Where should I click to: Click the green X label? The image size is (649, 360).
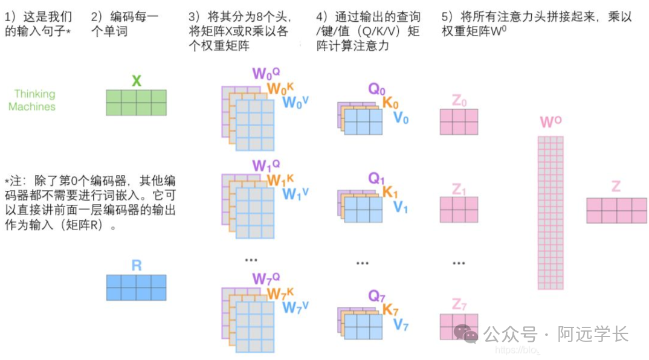click(136, 81)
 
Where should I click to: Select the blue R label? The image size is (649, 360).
click(136, 266)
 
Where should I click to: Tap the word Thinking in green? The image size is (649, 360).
click(34, 94)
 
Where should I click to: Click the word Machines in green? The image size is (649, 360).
click(32, 107)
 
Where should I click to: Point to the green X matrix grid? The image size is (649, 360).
click(136, 102)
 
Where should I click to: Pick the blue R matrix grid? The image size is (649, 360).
click(136, 288)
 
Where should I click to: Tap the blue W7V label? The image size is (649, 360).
click(295, 307)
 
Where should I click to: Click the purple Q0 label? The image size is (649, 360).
click(376, 90)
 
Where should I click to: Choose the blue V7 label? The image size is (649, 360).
click(401, 325)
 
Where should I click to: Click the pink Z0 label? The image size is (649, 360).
click(459, 101)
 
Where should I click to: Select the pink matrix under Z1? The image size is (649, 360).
click(459, 210)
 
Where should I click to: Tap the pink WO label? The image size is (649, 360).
click(551, 123)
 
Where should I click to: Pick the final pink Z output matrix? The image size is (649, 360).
click(616, 210)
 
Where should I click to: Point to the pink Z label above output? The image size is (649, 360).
click(616, 187)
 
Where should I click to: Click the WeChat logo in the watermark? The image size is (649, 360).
click(466, 333)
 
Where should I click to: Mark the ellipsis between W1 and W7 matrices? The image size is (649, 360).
click(251, 259)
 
